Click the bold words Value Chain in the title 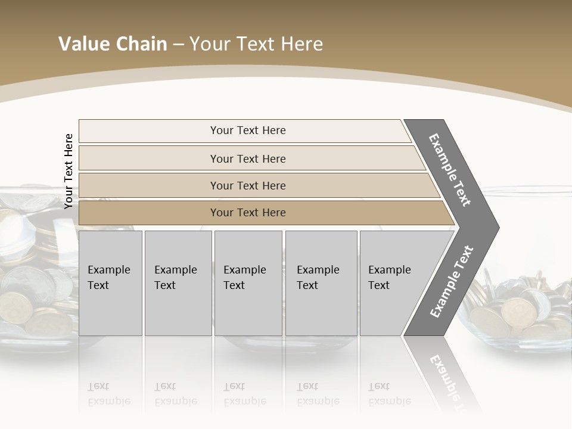[113, 44]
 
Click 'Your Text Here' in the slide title [256, 44]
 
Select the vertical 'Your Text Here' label [69, 171]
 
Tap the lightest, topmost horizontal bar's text [248, 130]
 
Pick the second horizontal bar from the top [248, 158]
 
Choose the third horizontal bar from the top [248, 185]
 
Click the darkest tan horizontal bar [248, 213]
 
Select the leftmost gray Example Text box [110, 283]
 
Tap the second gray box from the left [178, 283]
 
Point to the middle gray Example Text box [247, 283]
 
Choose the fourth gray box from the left [321, 283]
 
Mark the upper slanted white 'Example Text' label [450, 170]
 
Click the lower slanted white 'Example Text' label [451, 282]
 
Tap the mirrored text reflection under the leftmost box [109, 394]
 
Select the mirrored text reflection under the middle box [245, 394]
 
